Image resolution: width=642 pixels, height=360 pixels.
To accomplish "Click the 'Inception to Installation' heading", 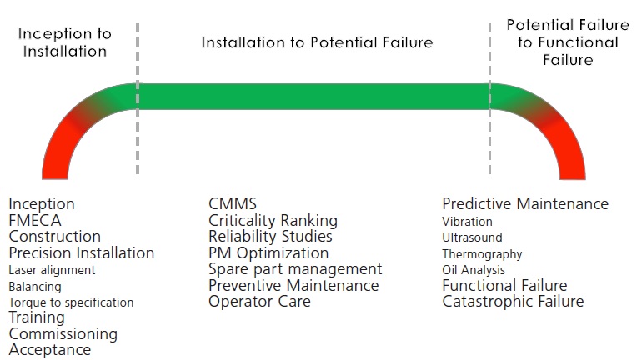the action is pos(65,42).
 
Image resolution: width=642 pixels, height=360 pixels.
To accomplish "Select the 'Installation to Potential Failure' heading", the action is pos(317,42).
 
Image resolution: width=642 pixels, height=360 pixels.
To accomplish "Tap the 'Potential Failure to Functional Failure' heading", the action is pos(568,42).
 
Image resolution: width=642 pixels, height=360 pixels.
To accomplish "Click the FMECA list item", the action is pos(35,221).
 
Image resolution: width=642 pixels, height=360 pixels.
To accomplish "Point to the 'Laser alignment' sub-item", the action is pos(52,270).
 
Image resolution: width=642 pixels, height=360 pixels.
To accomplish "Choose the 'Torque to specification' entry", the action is pos(71,302).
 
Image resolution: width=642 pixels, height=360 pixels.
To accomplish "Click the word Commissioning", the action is pos(63,334).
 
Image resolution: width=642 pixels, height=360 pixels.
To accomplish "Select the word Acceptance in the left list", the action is pos(50,350).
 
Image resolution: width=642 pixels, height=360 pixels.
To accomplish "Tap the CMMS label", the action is pos(233,203).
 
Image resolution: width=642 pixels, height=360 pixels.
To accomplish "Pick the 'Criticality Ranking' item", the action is pos(273,221).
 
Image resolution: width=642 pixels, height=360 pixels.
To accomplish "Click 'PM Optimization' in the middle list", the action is pos(268,253).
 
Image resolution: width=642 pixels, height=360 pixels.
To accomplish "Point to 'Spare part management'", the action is pos(295,269).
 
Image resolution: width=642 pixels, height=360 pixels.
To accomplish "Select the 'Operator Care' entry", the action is pos(259,302).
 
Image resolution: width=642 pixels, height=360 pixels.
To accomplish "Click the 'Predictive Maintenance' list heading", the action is pos(525,203).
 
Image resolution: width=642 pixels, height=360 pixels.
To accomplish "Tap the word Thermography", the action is pos(482,254).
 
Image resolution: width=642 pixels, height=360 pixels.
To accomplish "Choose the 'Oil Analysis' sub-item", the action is pos(474,270).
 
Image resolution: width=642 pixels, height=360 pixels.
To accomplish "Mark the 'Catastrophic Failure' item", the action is pos(513,302).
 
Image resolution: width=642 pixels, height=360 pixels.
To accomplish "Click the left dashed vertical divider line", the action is pos(138,99).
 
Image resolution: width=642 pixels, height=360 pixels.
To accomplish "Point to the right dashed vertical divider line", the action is pos(489,99).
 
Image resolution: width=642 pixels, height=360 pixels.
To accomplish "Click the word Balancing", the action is pos(35,287).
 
